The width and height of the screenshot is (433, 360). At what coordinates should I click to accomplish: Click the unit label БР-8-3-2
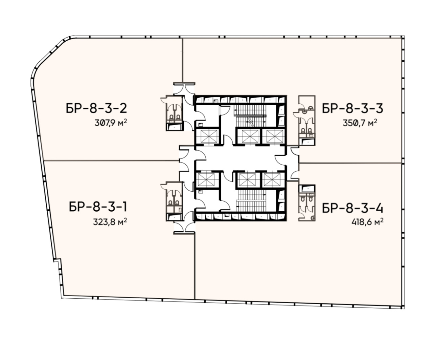click(96, 108)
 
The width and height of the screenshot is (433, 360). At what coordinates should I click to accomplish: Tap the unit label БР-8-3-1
click(98, 207)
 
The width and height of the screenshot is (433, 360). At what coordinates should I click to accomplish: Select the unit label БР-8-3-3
click(352, 108)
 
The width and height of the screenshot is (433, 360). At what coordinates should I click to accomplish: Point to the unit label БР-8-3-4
click(352, 208)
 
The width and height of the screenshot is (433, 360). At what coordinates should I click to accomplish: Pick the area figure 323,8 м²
click(110, 222)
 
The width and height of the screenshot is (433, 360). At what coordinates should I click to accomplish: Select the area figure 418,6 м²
click(367, 222)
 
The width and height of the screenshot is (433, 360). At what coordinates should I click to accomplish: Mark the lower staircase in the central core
click(251, 200)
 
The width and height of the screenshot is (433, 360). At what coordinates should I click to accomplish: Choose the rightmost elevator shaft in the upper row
click(273, 136)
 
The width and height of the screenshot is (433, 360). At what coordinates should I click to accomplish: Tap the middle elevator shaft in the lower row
click(248, 180)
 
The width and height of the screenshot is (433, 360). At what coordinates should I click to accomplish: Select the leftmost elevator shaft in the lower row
click(207, 180)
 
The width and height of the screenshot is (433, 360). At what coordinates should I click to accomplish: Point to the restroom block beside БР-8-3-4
click(307, 203)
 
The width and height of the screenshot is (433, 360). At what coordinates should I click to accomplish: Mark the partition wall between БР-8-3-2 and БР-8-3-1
click(111, 161)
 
